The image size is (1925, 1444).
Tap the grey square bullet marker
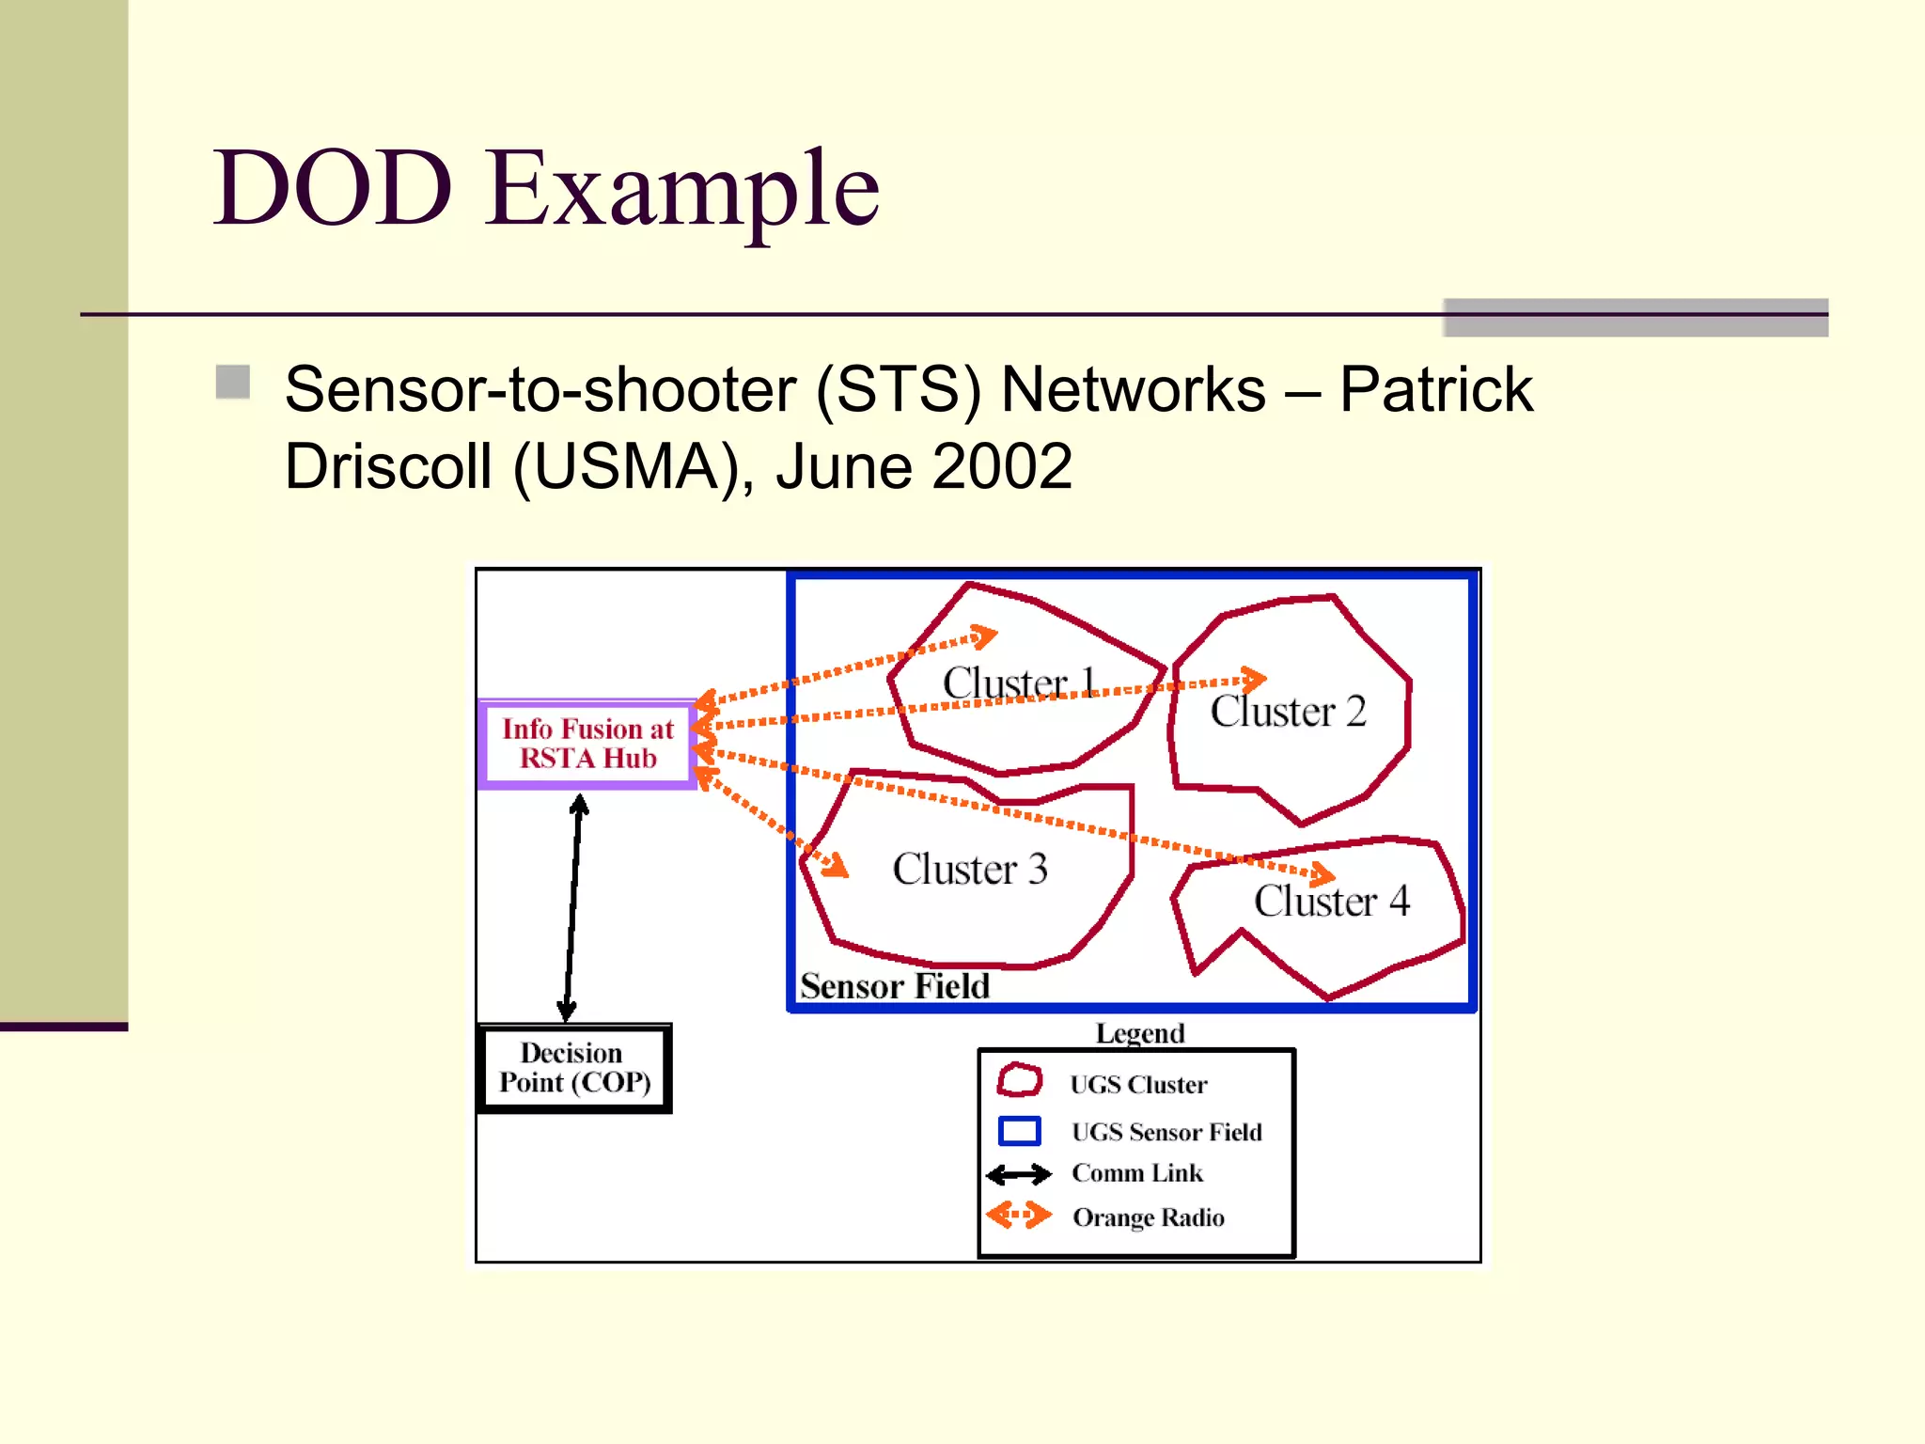232,383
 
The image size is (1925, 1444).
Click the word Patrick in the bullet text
1435,389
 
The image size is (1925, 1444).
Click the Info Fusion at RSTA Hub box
587,744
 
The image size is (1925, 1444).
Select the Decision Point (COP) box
574,1068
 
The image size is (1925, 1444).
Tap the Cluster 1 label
1018,683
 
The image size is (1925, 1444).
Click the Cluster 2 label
1287,712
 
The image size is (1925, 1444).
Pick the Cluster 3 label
969,869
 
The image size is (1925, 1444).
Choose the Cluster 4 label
1331,901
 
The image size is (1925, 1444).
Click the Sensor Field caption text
894,985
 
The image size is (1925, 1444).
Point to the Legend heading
1139,1032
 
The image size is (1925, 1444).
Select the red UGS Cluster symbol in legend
1019,1081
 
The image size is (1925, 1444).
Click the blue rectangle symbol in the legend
1019,1130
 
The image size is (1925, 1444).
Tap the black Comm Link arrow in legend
1018,1174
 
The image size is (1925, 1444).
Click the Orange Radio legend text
1148,1217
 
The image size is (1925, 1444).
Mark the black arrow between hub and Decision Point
572,907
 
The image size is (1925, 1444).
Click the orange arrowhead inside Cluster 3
835,866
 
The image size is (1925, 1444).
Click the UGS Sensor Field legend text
1166,1132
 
